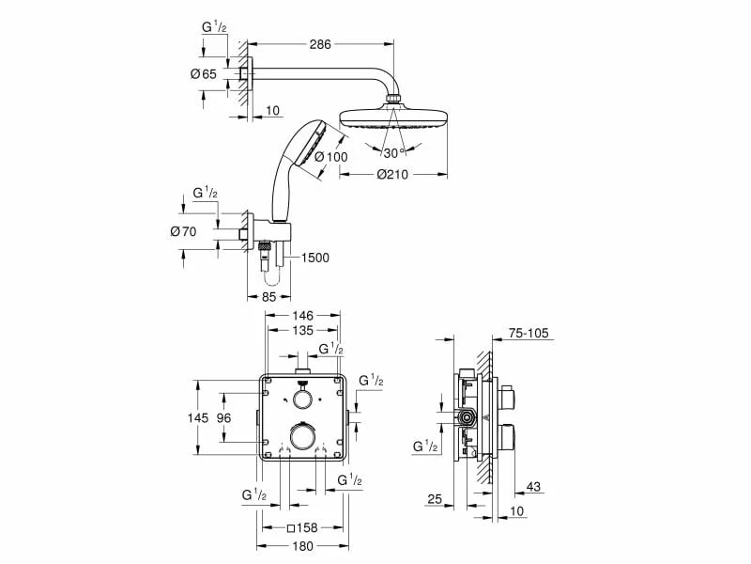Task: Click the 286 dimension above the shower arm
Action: click(320, 43)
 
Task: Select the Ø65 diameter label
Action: click(204, 73)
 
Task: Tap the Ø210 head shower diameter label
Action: click(392, 173)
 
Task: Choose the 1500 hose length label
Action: click(316, 259)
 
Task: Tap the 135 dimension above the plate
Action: click(301, 331)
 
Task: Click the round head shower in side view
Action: click(392, 117)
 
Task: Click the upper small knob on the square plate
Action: click(301, 399)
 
